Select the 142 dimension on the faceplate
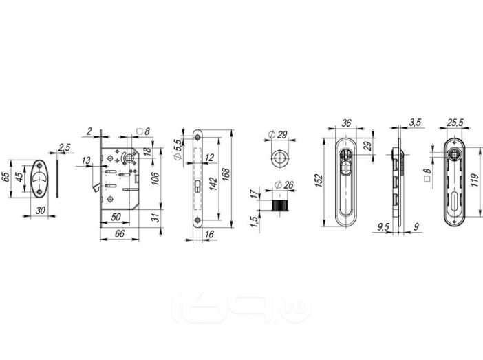click(213, 184)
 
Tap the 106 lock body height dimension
click(155, 178)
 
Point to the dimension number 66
click(120, 233)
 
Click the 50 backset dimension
click(116, 217)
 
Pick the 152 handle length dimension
click(319, 180)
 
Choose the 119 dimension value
click(475, 180)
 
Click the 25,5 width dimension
click(455, 123)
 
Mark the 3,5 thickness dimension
click(415, 122)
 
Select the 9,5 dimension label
click(383, 227)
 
